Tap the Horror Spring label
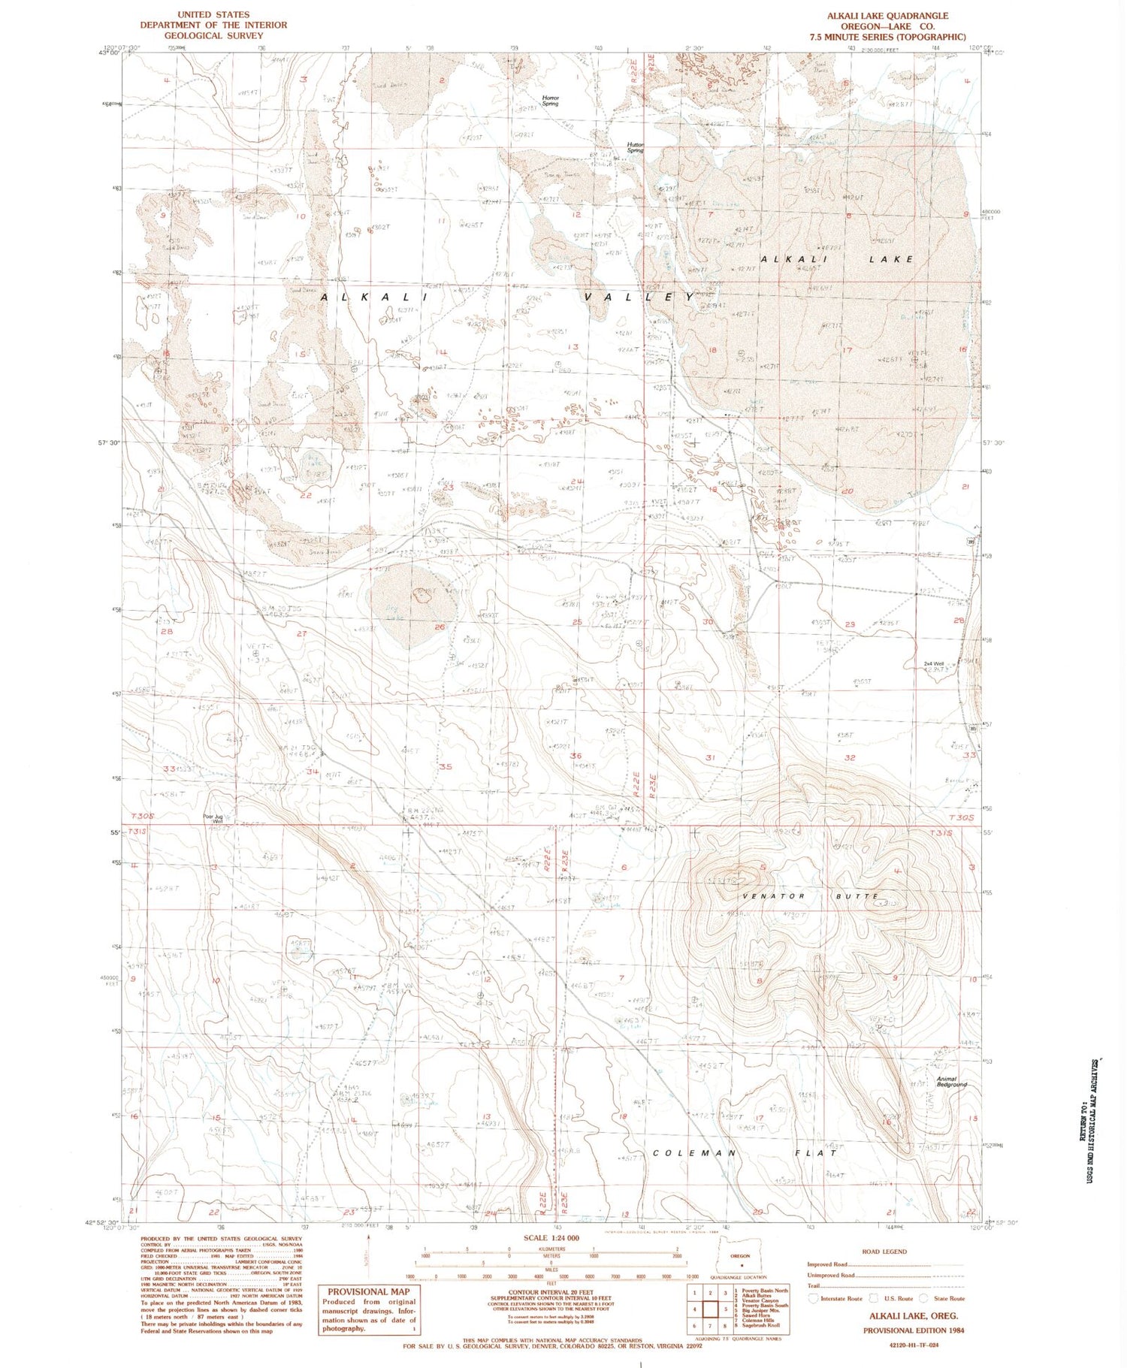(551, 100)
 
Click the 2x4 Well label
(933, 664)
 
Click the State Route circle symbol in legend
(926, 1298)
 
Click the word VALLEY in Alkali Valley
(639, 297)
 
